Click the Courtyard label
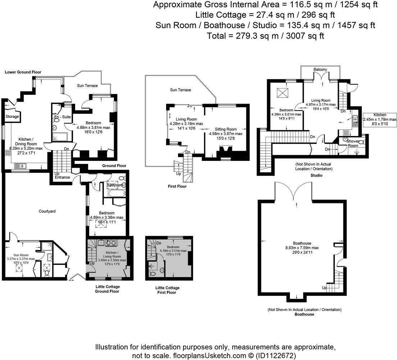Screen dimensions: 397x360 click(x=47, y=211)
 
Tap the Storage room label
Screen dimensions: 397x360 click(x=12, y=117)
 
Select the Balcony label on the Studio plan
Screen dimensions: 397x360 click(x=320, y=69)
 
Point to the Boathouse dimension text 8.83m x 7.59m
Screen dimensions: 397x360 click(x=302, y=248)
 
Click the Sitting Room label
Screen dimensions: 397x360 click(x=225, y=129)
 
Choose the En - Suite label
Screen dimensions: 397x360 click(x=63, y=117)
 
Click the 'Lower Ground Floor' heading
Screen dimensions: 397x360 click(x=23, y=72)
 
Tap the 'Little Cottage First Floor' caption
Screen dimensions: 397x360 click(x=167, y=290)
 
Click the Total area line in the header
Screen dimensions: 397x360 click(x=265, y=36)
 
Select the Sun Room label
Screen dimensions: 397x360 click(x=21, y=255)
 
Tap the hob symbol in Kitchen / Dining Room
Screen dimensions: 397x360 click(x=8, y=153)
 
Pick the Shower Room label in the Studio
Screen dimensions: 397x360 click(x=353, y=143)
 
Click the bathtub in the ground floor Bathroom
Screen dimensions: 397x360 click(x=117, y=194)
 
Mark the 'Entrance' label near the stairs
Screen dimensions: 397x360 click(x=62, y=177)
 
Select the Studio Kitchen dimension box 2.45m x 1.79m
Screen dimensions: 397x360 click(x=380, y=120)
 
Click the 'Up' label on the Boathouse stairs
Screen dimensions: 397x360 click(x=324, y=288)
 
